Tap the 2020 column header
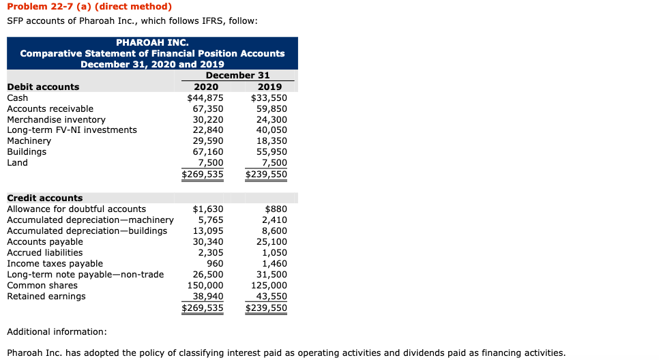tap(207, 87)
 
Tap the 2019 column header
tap(270, 87)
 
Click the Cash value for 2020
tap(205, 97)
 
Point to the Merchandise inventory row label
tap(56, 119)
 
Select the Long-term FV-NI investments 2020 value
tap(208, 130)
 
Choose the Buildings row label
tap(27, 152)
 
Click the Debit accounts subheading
tap(43, 87)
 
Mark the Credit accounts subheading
tap(45, 198)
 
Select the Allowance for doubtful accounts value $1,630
tap(209, 209)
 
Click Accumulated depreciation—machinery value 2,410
tap(274, 220)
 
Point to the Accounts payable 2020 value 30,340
tap(208, 241)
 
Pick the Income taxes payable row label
tap(55, 263)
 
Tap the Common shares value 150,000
tap(205, 285)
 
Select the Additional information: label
tap(57, 331)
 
